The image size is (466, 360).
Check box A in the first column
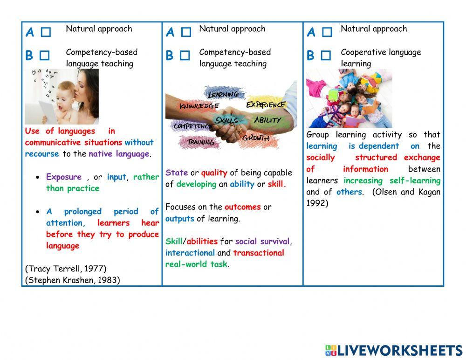tap(45, 32)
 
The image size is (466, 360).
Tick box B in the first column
tap(44, 55)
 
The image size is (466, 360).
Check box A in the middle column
tap(186, 32)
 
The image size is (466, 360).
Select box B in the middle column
tap(185, 55)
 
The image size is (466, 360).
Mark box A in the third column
tap(327, 32)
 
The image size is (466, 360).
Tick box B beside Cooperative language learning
tap(326, 55)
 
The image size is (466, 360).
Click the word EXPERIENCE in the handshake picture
tap(265, 104)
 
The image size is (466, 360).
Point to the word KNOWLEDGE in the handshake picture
tap(199, 106)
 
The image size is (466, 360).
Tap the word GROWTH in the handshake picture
tap(255, 138)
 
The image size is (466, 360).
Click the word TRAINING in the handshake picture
tap(201, 142)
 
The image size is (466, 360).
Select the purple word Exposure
tap(64, 177)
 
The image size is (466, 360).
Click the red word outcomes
tap(242, 207)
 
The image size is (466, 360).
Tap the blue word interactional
tap(190, 253)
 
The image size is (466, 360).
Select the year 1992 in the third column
tap(317, 203)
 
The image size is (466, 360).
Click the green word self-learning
tap(415, 180)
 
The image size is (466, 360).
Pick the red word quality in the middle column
tap(214, 173)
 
